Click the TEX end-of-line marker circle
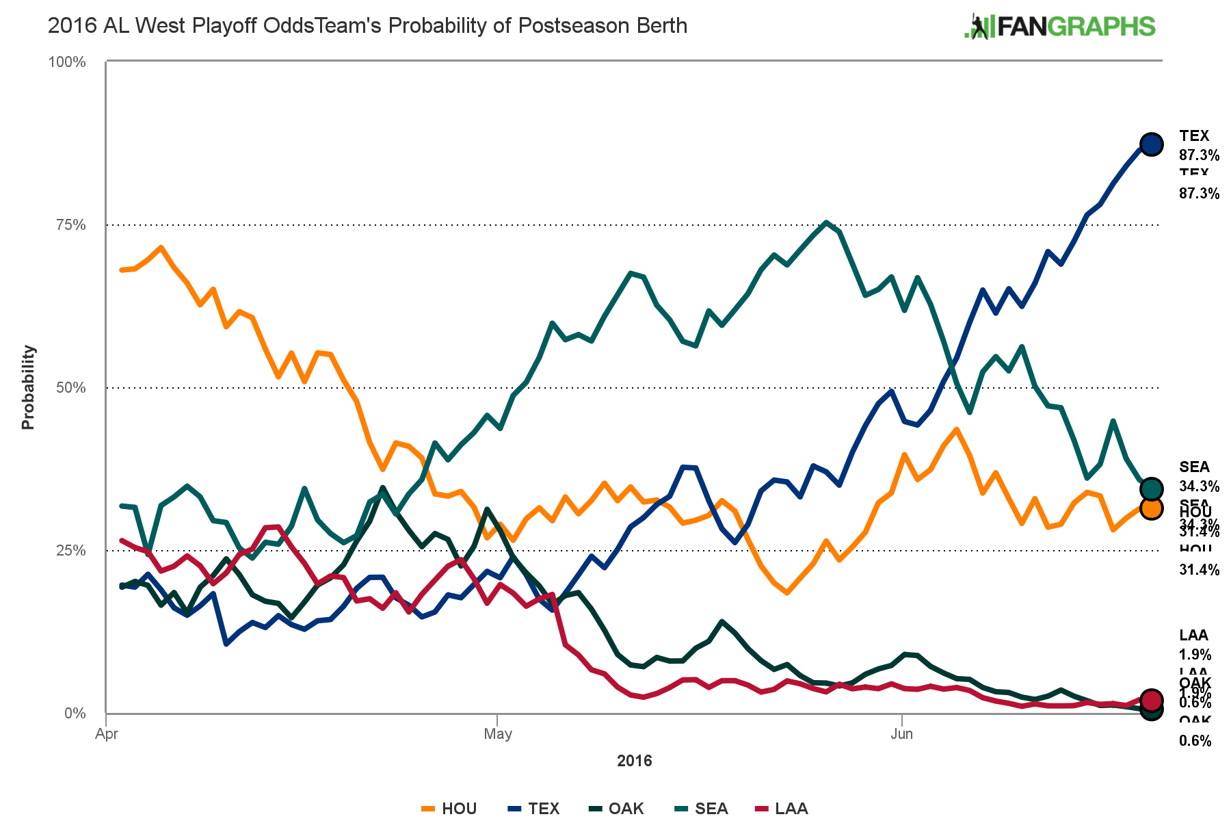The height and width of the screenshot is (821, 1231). [x=1151, y=144]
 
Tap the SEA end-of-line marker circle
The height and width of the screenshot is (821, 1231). [x=1151, y=488]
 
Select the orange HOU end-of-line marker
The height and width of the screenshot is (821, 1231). [x=1151, y=508]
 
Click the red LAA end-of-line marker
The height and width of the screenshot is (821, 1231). [x=1151, y=699]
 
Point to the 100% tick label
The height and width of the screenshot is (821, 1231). [x=66, y=62]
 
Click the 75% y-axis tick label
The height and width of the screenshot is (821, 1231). [x=70, y=225]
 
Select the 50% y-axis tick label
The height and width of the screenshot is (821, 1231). [x=70, y=388]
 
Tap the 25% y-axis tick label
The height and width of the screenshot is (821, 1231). [x=70, y=551]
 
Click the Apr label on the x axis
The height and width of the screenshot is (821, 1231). [x=107, y=735]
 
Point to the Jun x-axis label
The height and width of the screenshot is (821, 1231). [x=902, y=735]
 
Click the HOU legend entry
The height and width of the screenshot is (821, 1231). [x=449, y=809]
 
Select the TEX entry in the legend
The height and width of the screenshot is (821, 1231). [x=534, y=809]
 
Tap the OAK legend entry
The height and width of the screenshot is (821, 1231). [x=617, y=809]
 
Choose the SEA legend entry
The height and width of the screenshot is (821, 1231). [x=702, y=809]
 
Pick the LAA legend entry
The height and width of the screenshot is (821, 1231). [x=782, y=809]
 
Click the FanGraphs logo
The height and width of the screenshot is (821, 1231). [x=1059, y=27]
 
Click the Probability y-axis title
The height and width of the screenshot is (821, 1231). [x=28, y=387]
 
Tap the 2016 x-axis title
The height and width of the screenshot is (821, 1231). [x=634, y=761]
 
